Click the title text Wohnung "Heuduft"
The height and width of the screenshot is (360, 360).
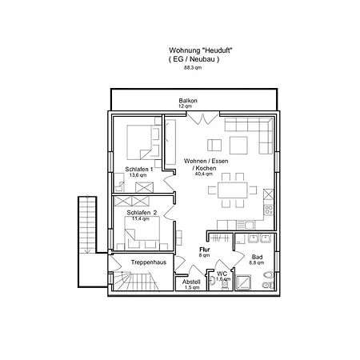pos(201,50)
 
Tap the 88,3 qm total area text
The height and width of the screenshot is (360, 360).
pos(193,68)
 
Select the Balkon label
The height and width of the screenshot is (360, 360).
pos(188,101)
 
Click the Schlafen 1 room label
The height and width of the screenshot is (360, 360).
pos(139,170)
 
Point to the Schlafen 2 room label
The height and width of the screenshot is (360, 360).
pos(142,213)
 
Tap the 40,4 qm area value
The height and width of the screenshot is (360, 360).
pos(204,174)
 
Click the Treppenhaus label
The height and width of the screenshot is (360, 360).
pos(149,262)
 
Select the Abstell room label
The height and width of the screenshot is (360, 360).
pos(191,282)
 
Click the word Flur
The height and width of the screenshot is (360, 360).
pos(205,250)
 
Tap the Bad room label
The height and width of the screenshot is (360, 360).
pos(257,257)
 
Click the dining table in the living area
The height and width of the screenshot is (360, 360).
pos(233,190)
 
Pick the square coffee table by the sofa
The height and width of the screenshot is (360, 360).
pos(238,146)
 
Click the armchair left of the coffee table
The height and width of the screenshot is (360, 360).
pos(214,145)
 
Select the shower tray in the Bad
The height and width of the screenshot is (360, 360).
pos(243,282)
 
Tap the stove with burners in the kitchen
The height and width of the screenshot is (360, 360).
pos(268,210)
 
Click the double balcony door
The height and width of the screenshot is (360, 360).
pos(202,118)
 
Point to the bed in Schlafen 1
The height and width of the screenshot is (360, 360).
pos(143,142)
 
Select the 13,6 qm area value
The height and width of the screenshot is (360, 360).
pos(138,175)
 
